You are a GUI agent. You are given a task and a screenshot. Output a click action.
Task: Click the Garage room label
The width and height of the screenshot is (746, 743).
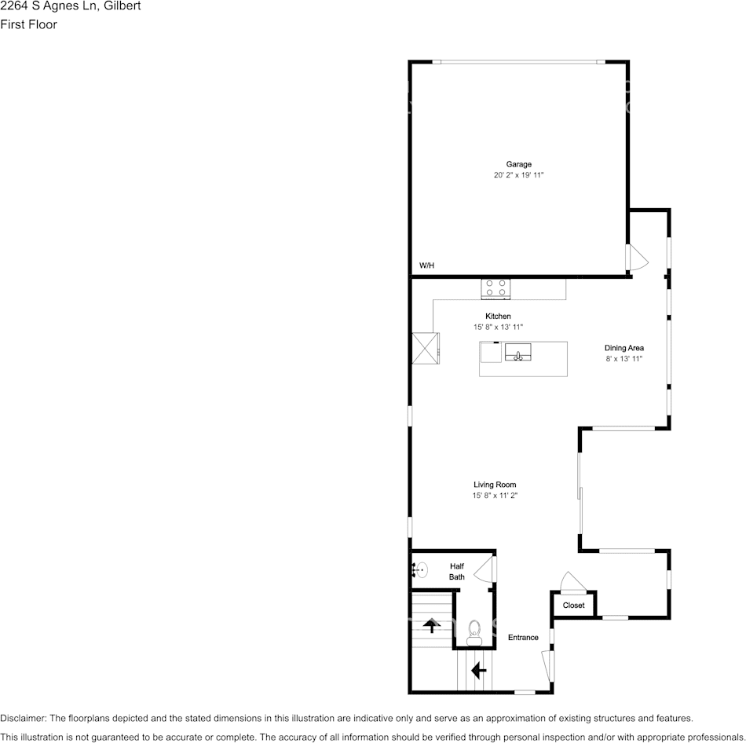point(518,164)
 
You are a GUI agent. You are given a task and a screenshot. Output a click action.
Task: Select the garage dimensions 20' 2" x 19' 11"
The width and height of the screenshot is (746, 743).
point(518,176)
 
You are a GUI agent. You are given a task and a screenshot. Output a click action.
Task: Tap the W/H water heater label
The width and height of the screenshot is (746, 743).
point(426,266)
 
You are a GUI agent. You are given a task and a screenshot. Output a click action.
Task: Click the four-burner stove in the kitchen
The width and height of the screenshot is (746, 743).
point(496,288)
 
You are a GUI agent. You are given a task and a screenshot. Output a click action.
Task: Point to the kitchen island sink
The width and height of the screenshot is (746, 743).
point(518,353)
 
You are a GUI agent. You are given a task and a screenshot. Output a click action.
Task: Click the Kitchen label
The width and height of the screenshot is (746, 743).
point(498,316)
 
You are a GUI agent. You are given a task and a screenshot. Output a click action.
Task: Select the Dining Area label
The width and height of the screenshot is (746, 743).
point(623,347)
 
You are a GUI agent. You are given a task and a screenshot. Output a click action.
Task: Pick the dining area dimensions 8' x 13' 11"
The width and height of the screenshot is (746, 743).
point(623,359)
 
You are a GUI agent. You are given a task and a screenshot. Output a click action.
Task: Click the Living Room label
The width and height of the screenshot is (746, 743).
point(495,485)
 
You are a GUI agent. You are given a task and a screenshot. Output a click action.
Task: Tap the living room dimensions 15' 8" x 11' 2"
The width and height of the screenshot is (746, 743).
point(495,496)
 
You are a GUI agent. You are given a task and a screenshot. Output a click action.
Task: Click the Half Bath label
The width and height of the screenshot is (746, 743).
point(457,571)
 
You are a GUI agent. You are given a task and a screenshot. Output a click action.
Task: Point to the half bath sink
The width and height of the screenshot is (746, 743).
point(420,569)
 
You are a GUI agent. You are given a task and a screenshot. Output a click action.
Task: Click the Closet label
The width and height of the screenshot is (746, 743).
point(573,606)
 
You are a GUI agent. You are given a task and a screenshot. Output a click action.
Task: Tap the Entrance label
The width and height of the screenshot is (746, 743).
point(523,637)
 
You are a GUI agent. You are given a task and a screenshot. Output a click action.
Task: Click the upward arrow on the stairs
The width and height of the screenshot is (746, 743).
point(431,626)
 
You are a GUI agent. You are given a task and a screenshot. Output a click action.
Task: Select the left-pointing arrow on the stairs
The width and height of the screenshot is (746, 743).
point(477,671)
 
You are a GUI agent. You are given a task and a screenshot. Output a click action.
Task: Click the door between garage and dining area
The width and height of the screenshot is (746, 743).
point(635,257)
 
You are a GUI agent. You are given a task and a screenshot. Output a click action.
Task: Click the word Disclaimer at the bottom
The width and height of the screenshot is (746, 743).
point(24,718)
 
